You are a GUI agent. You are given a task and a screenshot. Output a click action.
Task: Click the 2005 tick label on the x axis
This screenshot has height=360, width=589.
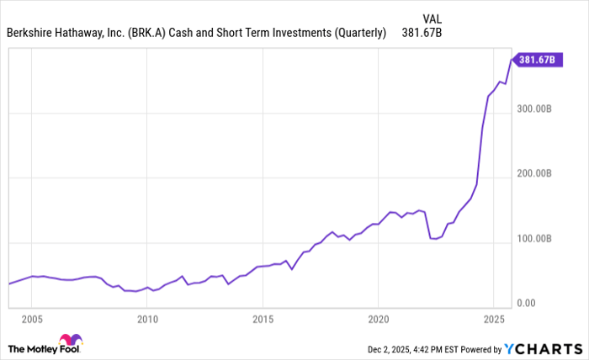point(32,320)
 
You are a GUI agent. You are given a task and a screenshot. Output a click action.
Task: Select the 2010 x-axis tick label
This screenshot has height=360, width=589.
point(147,320)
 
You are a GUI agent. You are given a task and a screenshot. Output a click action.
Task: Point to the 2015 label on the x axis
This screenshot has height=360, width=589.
point(263,320)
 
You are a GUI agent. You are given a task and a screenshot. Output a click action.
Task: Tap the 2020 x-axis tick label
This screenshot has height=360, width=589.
point(378,320)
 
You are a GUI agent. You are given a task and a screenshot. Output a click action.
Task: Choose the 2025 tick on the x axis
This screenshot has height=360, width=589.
point(493,320)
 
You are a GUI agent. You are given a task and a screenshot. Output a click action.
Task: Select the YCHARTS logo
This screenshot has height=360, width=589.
point(546,348)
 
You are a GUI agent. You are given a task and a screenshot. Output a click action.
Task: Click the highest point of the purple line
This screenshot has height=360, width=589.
point(511,59)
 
